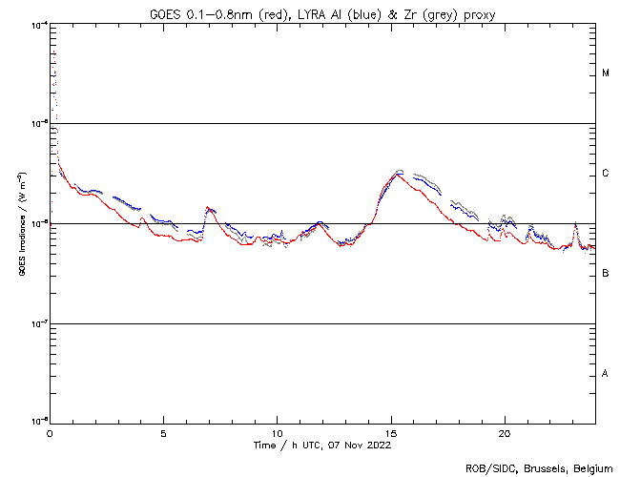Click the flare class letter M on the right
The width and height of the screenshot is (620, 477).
click(606, 73)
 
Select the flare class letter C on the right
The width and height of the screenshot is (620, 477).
click(606, 174)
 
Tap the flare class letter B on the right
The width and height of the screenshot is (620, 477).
click(606, 274)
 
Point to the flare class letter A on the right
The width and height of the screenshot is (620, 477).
click(606, 374)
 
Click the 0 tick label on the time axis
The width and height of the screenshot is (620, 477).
click(50, 432)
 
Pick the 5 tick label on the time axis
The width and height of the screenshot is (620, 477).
click(163, 432)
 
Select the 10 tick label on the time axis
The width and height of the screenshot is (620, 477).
click(277, 432)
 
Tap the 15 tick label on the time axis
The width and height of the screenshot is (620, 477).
click(391, 432)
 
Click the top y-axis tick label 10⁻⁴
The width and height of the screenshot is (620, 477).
click(39, 24)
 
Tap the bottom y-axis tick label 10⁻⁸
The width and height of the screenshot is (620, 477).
click(39, 420)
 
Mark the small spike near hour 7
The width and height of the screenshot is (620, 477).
click(208, 208)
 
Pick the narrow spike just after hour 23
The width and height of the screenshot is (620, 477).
click(574, 225)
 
